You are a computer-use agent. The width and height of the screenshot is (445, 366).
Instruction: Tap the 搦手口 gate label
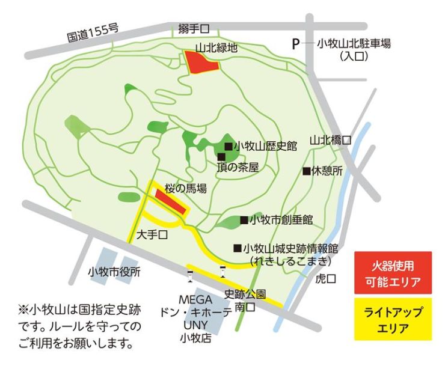coord(193,28)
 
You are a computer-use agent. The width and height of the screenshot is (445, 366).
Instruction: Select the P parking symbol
coord(295,43)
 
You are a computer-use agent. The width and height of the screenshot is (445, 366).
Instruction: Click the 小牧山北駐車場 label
coord(354,43)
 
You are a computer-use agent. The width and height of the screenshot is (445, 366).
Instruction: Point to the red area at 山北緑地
coord(200,63)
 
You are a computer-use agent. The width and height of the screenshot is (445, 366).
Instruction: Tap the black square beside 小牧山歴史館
coord(229,146)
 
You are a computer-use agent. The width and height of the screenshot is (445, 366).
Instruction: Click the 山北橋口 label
coord(330,140)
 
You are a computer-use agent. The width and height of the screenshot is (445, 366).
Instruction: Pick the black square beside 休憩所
coord(307,171)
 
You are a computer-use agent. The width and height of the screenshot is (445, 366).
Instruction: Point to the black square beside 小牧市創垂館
coord(244,220)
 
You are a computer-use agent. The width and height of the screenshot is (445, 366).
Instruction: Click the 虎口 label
coord(326,279)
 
